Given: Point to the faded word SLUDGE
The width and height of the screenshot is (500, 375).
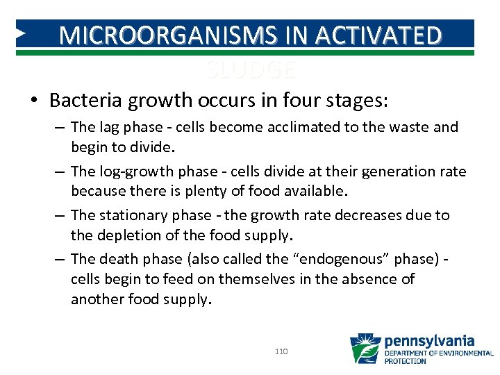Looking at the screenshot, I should click(x=251, y=70).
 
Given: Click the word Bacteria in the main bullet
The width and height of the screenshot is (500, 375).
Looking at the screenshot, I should click(x=81, y=101).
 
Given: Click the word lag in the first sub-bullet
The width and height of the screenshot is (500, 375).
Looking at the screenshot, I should click(x=108, y=128).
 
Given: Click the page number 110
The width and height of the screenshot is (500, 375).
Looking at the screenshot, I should click(x=281, y=352).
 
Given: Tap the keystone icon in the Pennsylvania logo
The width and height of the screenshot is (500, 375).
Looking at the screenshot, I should click(x=365, y=349).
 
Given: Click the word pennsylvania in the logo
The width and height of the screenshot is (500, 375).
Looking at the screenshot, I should click(x=429, y=341).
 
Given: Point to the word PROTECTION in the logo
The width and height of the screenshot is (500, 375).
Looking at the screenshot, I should click(x=406, y=361).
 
